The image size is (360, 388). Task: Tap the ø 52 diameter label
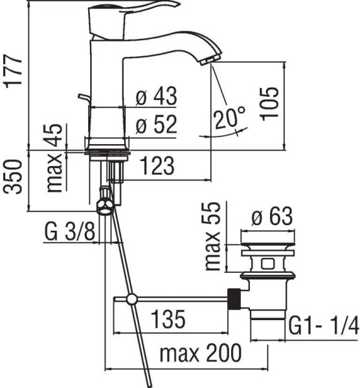156,125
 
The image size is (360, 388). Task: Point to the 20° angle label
230,118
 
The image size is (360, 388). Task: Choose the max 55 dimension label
214,236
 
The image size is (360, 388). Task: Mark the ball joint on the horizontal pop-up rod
131,299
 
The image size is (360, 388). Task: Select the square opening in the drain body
267,263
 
